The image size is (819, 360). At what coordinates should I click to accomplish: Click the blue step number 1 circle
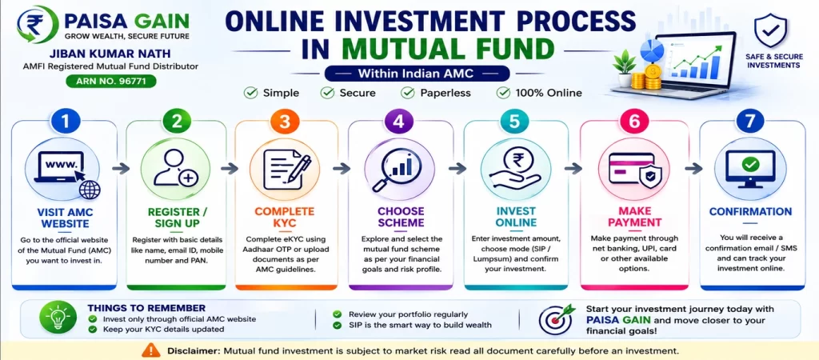point(65,122)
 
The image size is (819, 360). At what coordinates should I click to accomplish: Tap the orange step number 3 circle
point(284,122)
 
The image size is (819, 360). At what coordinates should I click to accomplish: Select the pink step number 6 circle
point(634,122)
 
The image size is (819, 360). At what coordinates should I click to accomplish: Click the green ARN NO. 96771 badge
point(110,81)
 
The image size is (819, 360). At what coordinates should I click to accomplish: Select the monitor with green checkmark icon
point(750,168)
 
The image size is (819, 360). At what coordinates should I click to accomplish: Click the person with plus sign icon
point(175,168)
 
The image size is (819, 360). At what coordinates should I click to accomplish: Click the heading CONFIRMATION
point(750,212)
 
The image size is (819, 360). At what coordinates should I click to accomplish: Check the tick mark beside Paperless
point(408,93)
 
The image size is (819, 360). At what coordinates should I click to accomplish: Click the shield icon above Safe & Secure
point(771,31)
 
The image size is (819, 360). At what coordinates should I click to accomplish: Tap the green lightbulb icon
point(55,318)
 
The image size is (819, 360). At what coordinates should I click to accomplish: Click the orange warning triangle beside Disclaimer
point(151,350)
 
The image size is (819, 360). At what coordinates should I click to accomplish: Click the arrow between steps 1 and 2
point(122,168)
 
